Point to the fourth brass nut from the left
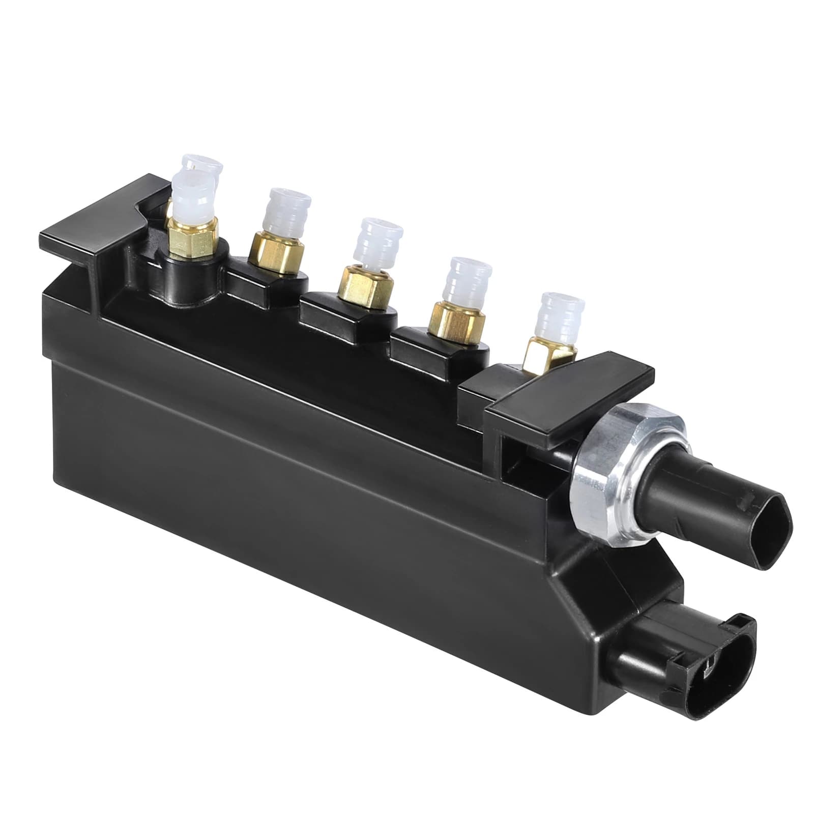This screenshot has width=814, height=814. (x=455, y=321)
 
